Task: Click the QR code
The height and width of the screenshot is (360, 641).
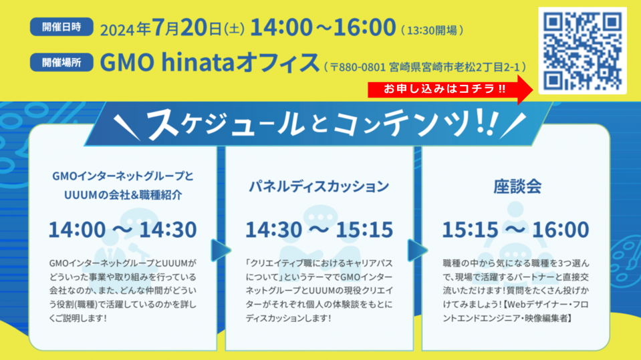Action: coord(582,51)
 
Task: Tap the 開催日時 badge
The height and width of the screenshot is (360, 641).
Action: coord(61,27)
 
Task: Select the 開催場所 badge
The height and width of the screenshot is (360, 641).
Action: coord(61,62)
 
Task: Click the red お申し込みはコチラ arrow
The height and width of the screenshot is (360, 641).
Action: coord(451,89)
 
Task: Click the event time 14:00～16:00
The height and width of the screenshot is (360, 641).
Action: coord(323,27)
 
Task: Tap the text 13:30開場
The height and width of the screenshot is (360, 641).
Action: coord(432,30)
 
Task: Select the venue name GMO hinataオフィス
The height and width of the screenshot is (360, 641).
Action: coord(209,62)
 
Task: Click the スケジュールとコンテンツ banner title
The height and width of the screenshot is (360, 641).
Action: coord(321,123)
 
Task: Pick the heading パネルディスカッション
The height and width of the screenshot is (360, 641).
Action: coord(319,186)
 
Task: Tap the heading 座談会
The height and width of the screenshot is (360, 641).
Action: coord(517,186)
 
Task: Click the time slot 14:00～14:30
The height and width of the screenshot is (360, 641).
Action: coord(122,229)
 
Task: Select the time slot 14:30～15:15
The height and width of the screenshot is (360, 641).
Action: coord(319,229)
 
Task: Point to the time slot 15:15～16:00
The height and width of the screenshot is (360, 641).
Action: coord(515,229)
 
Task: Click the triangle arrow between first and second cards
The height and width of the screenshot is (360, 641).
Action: coord(221,250)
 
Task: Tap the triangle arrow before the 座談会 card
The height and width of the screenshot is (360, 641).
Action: coord(417,250)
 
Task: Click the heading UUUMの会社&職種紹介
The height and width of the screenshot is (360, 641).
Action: coord(122,194)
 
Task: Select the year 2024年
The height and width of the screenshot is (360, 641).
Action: coord(126,29)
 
